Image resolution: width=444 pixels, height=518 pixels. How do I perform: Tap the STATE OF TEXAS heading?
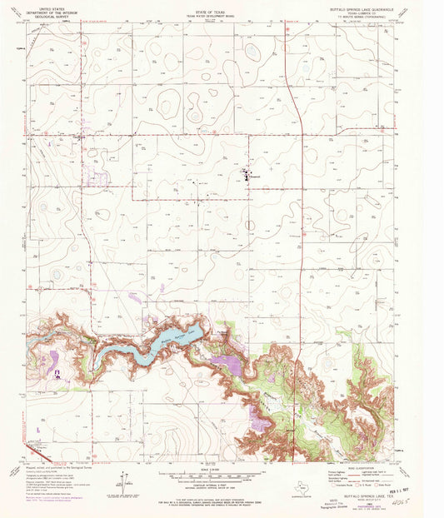point(221,6)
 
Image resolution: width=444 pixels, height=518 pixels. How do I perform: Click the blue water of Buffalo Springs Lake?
point(171,338)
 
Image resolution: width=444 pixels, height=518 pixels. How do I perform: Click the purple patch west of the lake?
point(54,360)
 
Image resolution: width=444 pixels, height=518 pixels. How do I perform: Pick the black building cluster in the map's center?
point(247,175)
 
